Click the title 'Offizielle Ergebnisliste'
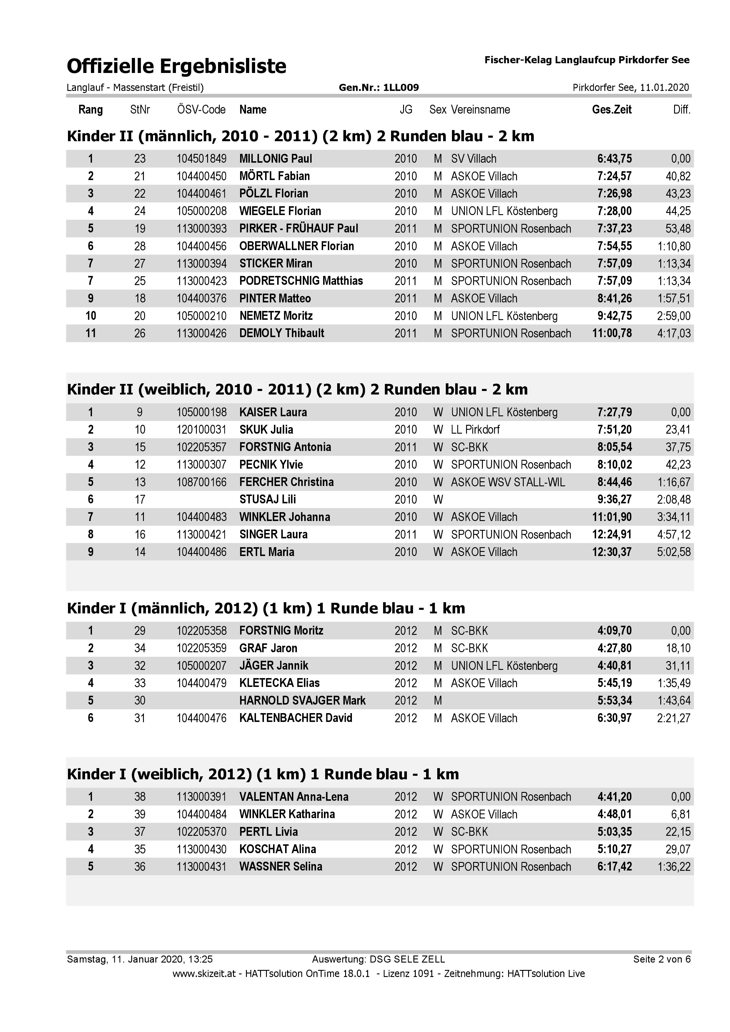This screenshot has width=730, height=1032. tap(176, 66)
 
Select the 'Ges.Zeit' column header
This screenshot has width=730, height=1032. tap(611, 110)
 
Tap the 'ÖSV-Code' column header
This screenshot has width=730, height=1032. tap(201, 110)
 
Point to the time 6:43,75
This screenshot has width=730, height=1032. tap(614, 159)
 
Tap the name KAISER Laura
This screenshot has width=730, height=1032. tap(273, 412)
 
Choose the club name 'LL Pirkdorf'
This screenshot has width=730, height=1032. tap(475, 430)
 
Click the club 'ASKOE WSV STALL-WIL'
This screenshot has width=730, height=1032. tap(508, 482)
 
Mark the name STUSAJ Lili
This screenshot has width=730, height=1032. tap(267, 499)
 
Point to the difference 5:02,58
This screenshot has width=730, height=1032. tap(674, 552)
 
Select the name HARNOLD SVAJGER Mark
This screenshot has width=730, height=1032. tap(302, 701)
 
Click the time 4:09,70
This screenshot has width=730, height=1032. tap(614, 631)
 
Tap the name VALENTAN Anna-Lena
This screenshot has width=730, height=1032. tap(294, 797)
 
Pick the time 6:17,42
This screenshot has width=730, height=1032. tap(614, 867)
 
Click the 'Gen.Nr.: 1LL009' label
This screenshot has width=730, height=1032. tap(378, 88)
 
